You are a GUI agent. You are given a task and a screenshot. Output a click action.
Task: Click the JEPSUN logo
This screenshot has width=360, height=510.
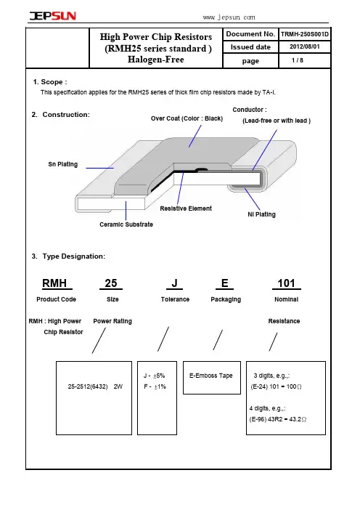click(x=53, y=16)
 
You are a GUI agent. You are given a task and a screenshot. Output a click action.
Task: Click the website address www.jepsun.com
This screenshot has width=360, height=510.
click(x=229, y=17)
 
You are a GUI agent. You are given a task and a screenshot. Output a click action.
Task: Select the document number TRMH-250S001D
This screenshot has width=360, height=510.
click(x=305, y=34)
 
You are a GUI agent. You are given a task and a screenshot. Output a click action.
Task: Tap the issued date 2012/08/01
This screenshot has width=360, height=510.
click(x=305, y=46)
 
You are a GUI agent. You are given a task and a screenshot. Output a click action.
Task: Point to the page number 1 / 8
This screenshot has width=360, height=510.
click(x=298, y=60)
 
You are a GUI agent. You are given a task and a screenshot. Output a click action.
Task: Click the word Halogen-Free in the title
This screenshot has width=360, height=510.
click(x=156, y=60)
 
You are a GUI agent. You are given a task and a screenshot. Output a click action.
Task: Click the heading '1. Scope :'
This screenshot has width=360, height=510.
click(x=50, y=82)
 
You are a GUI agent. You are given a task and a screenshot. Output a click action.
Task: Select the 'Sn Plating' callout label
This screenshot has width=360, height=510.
click(x=63, y=164)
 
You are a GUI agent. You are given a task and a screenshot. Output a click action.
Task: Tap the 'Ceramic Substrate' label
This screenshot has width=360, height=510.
click(x=126, y=224)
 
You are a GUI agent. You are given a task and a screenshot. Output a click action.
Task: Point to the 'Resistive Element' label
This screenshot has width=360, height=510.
click(x=186, y=209)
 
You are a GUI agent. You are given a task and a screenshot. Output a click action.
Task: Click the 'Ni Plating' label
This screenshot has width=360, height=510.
click(x=261, y=214)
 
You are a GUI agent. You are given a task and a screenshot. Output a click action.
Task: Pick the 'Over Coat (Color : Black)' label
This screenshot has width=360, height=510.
click(x=187, y=118)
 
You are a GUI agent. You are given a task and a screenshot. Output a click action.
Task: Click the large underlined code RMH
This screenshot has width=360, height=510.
click(x=54, y=283)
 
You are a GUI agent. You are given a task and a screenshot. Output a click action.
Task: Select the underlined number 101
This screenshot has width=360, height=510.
click(x=286, y=283)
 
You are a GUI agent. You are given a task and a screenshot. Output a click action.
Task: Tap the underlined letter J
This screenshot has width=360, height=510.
click(x=174, y=283)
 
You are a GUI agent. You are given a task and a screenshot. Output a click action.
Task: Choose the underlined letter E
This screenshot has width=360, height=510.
click(x=224, y=283)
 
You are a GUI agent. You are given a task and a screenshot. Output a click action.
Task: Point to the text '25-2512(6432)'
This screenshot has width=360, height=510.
click(x=88, y=386)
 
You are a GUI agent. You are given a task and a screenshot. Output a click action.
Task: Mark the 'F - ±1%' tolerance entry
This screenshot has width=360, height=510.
click(x=155, y=386)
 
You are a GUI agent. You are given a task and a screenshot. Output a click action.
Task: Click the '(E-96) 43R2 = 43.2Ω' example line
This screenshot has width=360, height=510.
click(x=278, y=419)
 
